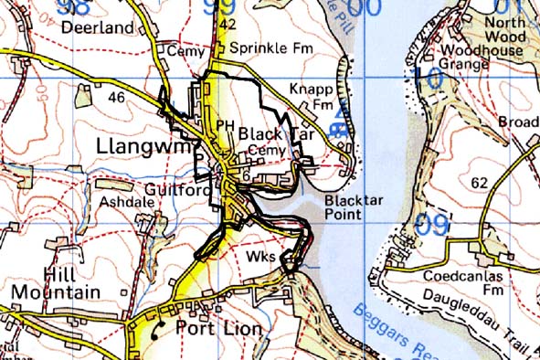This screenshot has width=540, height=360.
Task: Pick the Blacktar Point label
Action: [x=355, y=206]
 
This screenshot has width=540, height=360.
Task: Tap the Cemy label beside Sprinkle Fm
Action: [x=179, y=52]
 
